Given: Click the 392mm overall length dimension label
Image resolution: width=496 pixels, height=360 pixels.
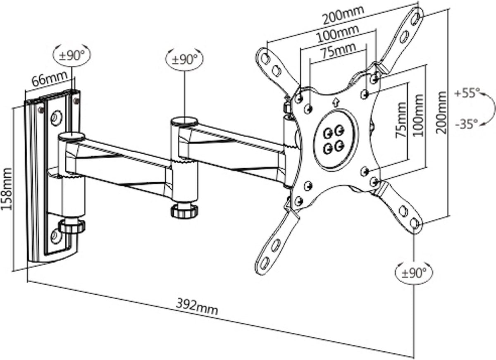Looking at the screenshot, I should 197,308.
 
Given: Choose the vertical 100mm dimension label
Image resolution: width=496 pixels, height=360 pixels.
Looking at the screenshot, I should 418,115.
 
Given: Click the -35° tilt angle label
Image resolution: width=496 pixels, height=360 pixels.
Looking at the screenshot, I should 466,122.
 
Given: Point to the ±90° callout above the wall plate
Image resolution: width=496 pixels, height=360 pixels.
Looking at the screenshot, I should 72,55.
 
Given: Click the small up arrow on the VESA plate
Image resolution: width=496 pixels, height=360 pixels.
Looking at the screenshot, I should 336,101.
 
